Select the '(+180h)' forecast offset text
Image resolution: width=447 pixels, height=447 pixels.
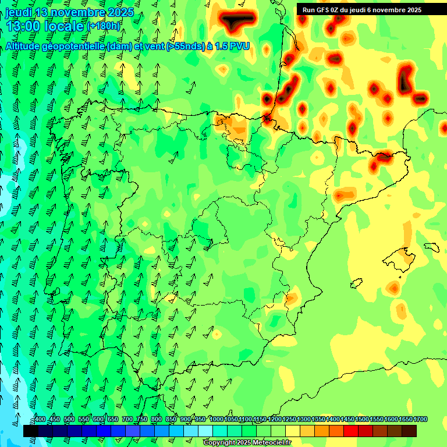point(103,26)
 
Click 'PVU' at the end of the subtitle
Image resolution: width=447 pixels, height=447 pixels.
point(239,46)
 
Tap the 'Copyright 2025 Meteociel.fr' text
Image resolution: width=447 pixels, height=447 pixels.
point(247,443)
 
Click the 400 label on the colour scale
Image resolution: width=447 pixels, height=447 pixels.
point(40,420)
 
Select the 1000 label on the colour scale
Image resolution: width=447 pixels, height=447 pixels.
point(216,420)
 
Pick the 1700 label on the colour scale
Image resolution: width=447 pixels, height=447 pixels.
point(420,420)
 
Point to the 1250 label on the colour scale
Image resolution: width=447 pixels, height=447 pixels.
point(289,420)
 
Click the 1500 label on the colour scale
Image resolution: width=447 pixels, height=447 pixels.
point(362,420)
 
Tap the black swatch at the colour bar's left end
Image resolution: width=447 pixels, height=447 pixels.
point(31,431)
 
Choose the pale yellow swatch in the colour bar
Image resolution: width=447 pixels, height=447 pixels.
point(293,431)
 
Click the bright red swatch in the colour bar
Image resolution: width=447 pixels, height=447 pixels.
point(351,431)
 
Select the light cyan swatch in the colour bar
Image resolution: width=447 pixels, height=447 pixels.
point(205,431)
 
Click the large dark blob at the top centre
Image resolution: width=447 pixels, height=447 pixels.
point(237,22)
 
